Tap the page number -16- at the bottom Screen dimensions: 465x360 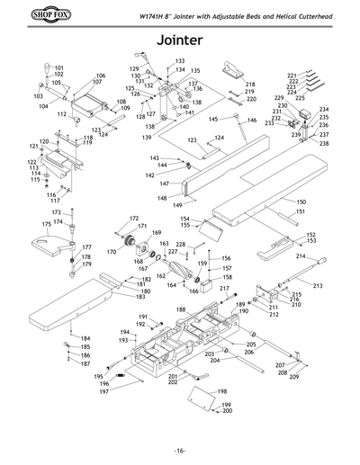tap(180, 451)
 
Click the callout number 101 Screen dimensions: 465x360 tap(58, 67)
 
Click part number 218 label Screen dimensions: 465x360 tap(250, 84)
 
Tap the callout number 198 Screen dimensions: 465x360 tap(221, 391)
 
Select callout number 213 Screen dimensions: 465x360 tap(317, 285)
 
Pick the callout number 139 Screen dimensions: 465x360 tap(146, 137)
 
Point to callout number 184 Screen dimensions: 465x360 tap(85, 338)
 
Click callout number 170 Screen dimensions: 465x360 tap(112, 252)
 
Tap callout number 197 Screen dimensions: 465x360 tap(103, 392)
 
